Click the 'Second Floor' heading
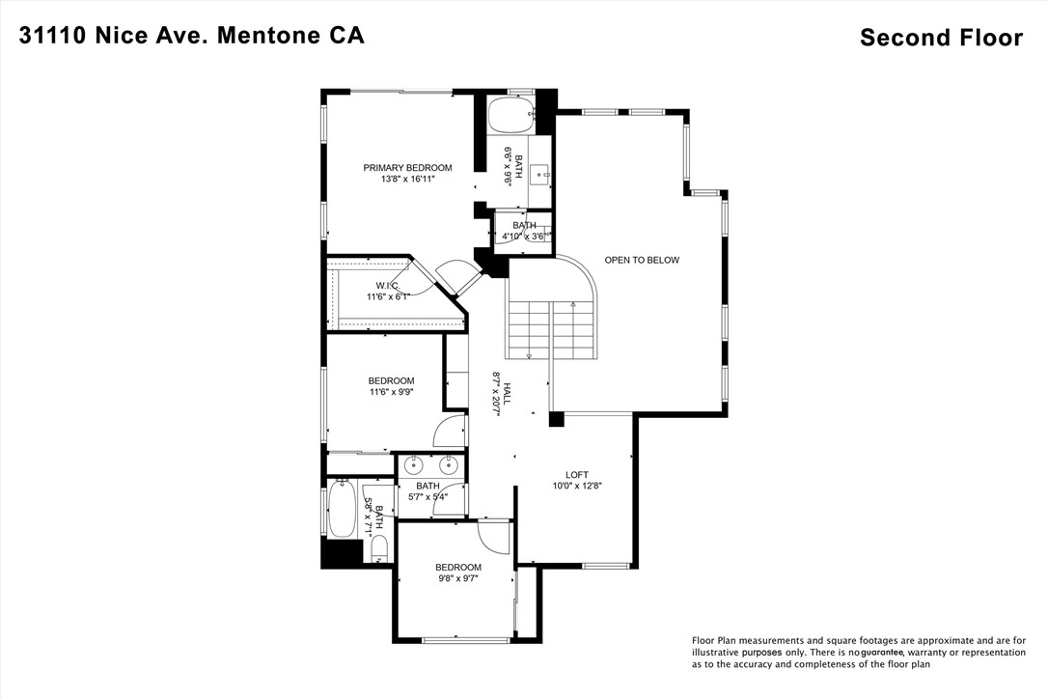(941, 38)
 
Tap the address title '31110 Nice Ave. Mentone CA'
(192, 36)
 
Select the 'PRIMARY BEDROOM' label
(407, 168)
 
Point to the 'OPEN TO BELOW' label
(642, 260)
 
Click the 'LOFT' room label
(577, 474)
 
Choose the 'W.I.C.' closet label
(388, 286)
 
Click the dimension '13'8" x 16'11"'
(407, 180)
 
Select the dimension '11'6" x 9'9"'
(391, 392)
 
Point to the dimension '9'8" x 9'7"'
(457, 578)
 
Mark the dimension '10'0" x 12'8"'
(577, 486)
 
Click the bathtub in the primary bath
(509, 116)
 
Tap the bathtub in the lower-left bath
(342, 510)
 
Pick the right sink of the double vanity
(450, 464)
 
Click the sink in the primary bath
(540, 174)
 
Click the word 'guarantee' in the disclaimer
(874, 653)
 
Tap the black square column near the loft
(556, 419)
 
